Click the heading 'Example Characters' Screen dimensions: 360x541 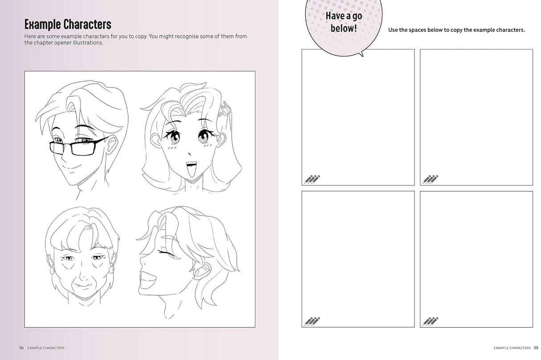[x=68, y=24]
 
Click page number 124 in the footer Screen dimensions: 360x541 [x=21, y=348]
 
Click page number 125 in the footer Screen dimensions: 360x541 [x=536, y=348]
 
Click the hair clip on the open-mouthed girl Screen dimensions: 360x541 [x=225, y=109]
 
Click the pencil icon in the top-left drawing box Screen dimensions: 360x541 [x=312, y=180]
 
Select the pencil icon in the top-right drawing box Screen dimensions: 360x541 [x=430, y=180]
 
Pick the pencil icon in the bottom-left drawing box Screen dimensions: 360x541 [x=312, y=321]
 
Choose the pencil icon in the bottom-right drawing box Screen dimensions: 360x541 [x=430, y=321]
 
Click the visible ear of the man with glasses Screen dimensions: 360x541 [x=111, y=145]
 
